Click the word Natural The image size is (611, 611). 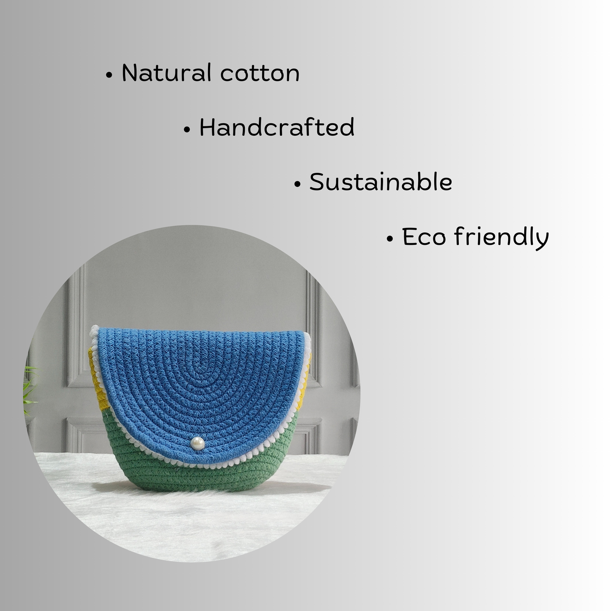tap(167, 73)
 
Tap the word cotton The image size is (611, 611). tap(260, 74)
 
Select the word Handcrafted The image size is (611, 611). tap(277, 127)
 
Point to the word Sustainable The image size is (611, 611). tap(381, 182)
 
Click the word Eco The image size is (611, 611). tap(424, 236)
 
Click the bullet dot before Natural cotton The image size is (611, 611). tap(109, 75)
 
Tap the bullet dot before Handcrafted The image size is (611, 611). tap(187, 130)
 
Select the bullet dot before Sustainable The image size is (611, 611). tap(297, 184)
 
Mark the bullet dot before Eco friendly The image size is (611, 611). tap(390, 239)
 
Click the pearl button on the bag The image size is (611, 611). tap(197, 443)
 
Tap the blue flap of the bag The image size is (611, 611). tap(200, 387)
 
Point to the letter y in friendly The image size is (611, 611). tap(542, 241)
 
